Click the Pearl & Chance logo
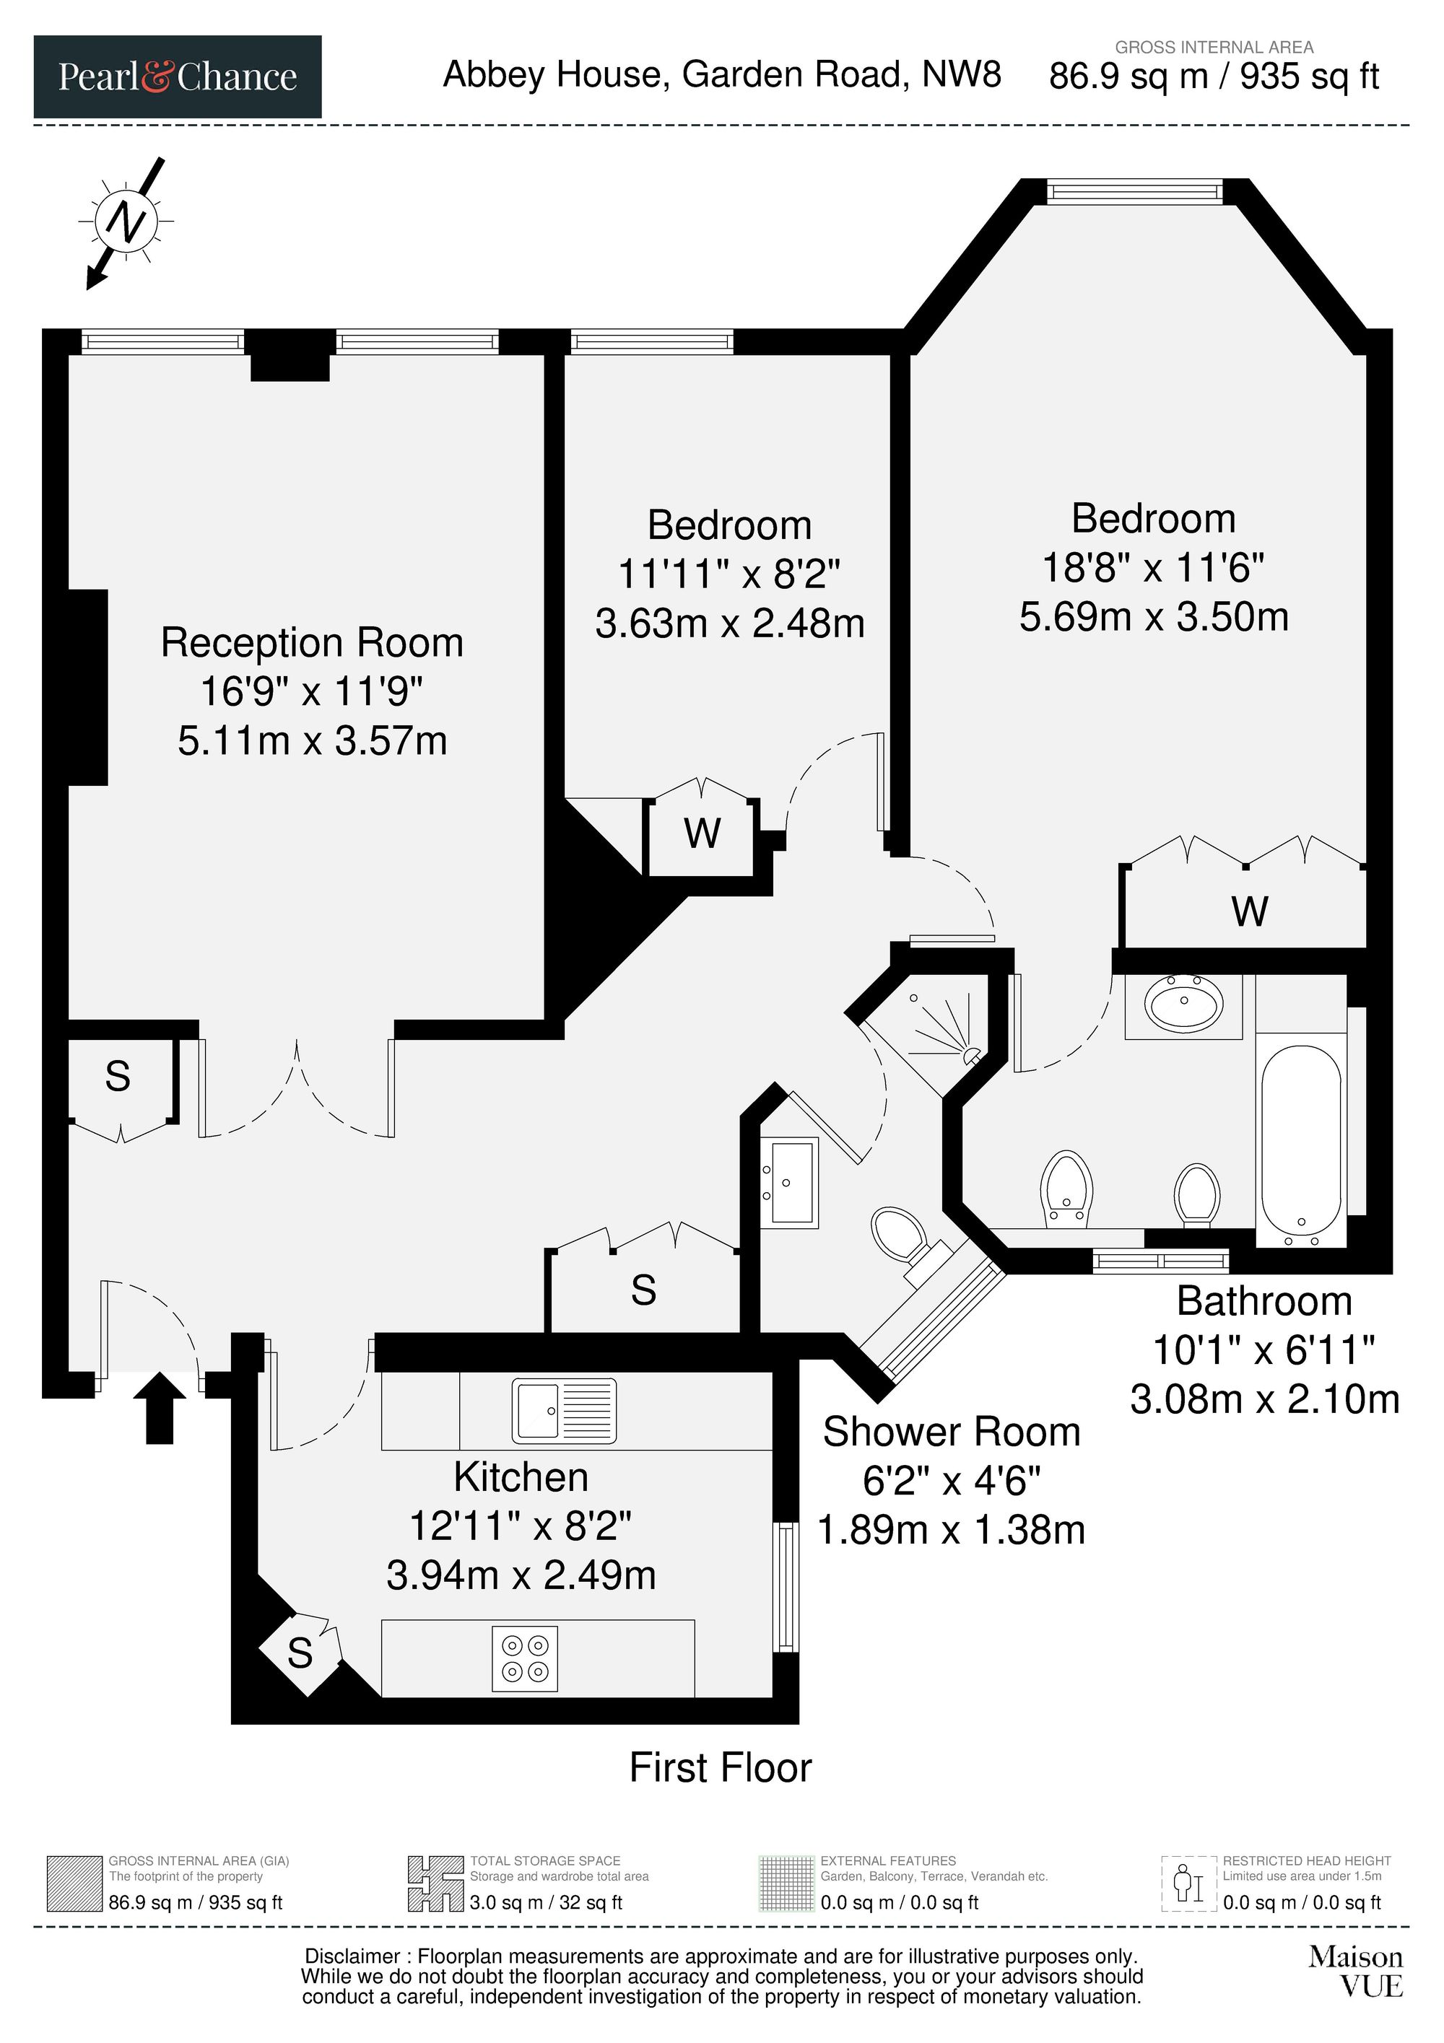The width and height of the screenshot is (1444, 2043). [x=177, y=76]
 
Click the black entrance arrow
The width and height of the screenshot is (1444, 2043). [x=160, y=1407]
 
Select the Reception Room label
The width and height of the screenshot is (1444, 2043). [x=312, y=642]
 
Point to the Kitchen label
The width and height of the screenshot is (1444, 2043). [x=521, y=1477]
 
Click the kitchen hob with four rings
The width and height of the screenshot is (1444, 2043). [x=525, y=1658]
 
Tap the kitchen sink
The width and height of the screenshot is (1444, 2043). [x=564, y=1410]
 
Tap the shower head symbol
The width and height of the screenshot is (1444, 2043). [x=970, y=1055]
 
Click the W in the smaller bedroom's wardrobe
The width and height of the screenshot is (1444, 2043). [x=703, y=833]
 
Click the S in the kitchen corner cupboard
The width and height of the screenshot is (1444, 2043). [x=300, y=1653]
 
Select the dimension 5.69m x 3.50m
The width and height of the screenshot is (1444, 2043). [x=1154, y=616]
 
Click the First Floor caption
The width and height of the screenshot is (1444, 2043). [x=721, y=1767]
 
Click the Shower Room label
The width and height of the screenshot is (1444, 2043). [x=951, y=1432]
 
